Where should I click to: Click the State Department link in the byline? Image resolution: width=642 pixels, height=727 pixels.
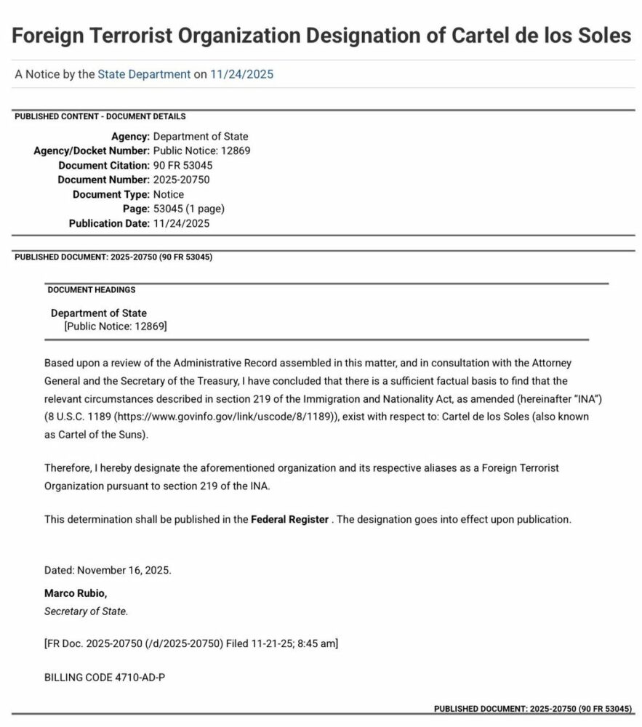pyautogui.click(x=144, y=74)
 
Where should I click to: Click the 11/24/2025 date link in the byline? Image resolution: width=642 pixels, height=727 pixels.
pyautogui.click(x=242, y=74)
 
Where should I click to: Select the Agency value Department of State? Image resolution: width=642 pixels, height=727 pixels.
pyautogui.click(x=201, y=136)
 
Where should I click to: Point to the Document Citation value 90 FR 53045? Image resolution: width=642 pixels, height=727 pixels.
pyautogui.click(x=183, y=165)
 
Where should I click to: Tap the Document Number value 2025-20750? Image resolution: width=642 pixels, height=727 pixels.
pyautogui.click(x=182, y=180)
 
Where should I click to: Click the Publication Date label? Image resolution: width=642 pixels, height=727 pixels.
pyautogui.click(x=109, y=223)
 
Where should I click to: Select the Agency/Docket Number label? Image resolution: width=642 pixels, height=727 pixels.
pyautogui.click(x=92, y=150)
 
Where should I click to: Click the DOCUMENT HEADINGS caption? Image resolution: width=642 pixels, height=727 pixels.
pyautogui.click(x=92, y=289)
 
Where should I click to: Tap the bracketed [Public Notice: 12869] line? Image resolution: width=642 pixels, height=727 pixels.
pyautogui.click(x=116, y=326)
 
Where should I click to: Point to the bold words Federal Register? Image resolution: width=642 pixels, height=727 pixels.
pyautogui.click(x=289, y=520)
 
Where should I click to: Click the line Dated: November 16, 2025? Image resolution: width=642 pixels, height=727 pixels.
pyautogui.click(x=108, y=570)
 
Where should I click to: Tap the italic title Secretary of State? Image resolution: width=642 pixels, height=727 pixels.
pyautogui.click(x=86, y=611)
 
